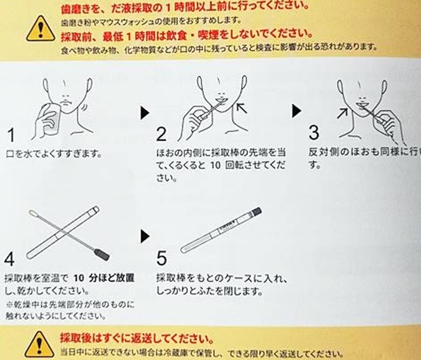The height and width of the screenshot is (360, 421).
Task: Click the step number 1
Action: coord(10,134)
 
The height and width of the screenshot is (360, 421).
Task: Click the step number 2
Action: coord(161,134)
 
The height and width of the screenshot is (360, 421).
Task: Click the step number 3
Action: coord(313,134)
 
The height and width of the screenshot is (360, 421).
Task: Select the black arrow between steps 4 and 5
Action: coord(146,234)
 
